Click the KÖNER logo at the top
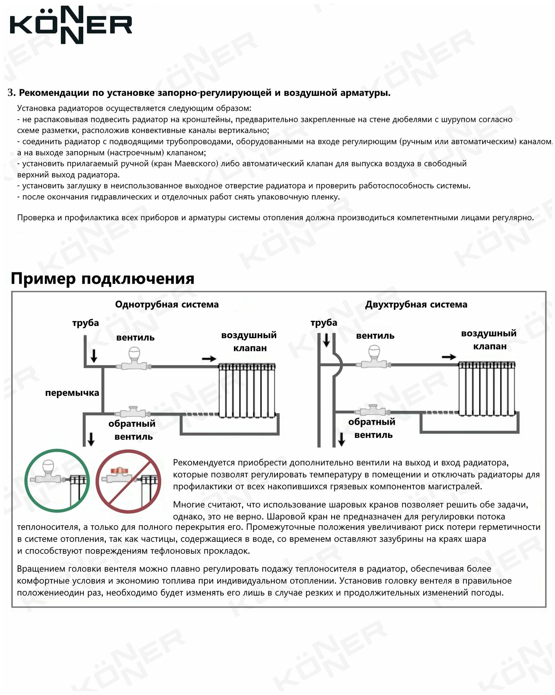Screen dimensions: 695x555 coord(71,25)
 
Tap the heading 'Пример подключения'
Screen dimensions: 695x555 coord(102,279)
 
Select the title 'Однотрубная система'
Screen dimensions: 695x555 coord(167,305)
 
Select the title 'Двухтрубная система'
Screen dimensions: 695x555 coord(416,305)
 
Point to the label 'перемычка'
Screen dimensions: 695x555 coord(72,393)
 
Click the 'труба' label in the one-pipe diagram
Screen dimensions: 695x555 coord(85,323)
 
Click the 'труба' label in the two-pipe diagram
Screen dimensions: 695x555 coord(323,322)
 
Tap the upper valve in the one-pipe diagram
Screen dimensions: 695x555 coord(134,360)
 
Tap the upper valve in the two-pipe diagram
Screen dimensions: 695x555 coord(374,358)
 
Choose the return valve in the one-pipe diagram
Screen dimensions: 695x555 coord(133,412)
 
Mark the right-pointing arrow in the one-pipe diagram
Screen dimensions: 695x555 coord(209,359)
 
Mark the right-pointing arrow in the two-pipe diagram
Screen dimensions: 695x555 coord(448,357)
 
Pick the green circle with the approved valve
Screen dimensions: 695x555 coord(57,481)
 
